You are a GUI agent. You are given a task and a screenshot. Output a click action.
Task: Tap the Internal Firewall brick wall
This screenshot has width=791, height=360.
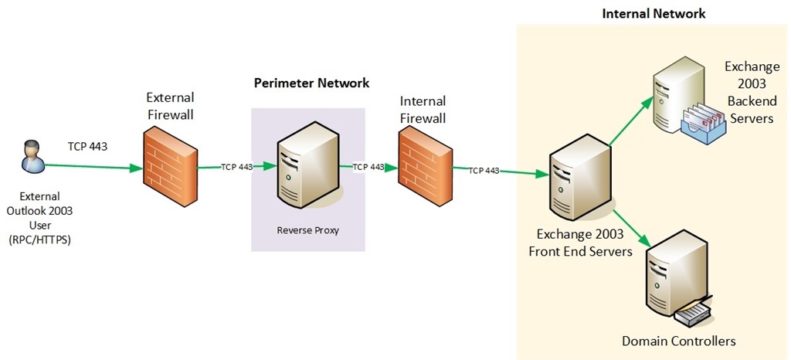[424, 167]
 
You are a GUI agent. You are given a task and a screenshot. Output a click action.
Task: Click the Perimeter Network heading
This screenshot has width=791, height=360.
[312, 83]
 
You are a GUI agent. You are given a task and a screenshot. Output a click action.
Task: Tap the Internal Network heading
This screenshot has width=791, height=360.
[654, 13]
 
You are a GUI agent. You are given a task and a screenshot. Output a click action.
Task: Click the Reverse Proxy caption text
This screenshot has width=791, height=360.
[307, 230]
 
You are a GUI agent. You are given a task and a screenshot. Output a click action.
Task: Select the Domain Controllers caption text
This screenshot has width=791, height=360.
[679, 341]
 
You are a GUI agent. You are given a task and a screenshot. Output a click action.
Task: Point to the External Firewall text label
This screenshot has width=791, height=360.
[171, 106]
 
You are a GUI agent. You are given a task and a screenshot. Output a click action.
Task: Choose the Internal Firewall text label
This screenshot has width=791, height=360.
[423, 110]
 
